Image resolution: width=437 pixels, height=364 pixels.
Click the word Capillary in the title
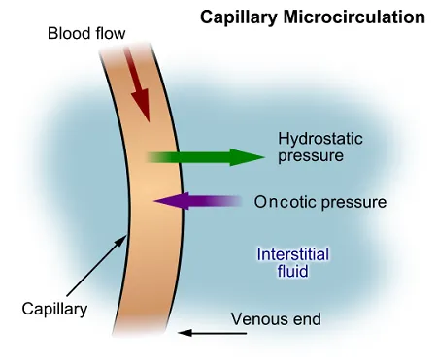click(x=235, y=17)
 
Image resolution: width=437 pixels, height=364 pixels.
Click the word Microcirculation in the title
click(x=348, y=17)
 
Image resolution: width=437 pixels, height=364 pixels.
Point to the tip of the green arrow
click(x=262, y=156)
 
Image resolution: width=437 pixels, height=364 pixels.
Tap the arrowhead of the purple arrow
click(x=160, y=201)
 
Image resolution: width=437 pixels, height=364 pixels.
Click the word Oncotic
click(x=283, y=202)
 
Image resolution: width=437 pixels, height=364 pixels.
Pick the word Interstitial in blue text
click(x=292, y=254)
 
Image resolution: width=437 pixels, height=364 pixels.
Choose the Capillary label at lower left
click(x=54, y=310)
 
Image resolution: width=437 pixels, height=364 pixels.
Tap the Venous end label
click(x=275, y=318)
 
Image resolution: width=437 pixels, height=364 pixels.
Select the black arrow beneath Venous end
click(x=214, y=333)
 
